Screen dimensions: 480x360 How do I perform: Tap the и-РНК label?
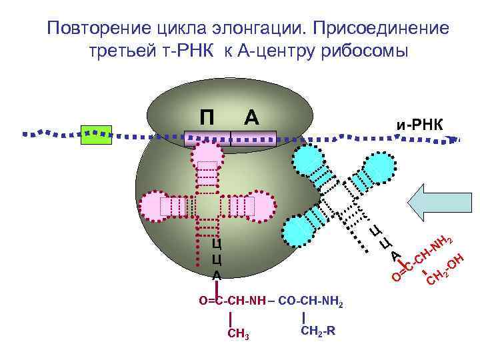(422, 124)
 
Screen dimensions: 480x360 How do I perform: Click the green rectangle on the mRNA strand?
(95, 134)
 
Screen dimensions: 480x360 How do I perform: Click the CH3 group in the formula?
(238, 333)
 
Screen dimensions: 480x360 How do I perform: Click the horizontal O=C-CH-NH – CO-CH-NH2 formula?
(271, 301)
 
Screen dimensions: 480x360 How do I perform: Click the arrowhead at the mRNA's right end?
(455, 139)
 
